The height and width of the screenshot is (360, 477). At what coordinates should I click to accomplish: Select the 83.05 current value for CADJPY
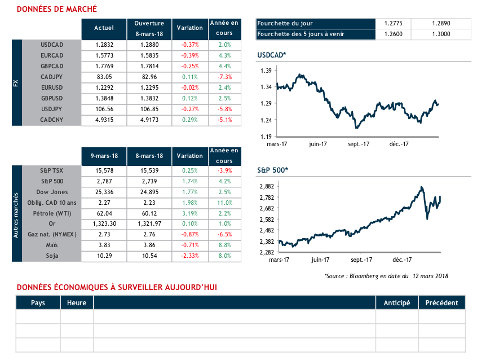(x=104, y=76)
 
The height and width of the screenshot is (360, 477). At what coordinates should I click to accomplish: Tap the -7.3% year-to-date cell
(x=224, y=76)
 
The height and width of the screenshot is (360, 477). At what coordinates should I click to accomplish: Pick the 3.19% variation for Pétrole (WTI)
(x=189, y=213)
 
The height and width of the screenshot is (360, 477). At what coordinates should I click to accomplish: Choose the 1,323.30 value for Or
(x=104, y=224)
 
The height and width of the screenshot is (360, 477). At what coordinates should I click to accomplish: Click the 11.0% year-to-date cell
(x=224, y=203)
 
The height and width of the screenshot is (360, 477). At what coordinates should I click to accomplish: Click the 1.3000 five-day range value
(x=441, y=34)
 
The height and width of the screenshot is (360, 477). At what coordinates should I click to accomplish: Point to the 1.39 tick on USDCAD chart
(x=267, y=71)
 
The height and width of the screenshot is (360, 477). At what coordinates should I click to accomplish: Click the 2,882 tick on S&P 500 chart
(x=266, y=186)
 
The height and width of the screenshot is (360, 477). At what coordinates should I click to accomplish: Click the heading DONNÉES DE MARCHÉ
(x=56, y=9)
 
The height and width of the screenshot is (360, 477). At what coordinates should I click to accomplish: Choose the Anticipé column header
(x=396, y=303)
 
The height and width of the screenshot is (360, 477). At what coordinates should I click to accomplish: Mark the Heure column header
(x=77, y=303)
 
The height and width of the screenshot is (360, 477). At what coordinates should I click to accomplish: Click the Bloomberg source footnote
(x=386, y=275)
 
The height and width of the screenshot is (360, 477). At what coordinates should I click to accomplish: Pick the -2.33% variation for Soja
(x=189, y=256)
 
